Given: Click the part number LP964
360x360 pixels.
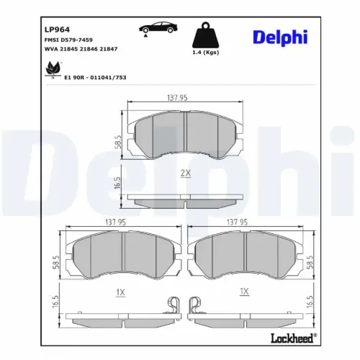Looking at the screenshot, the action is [x=57, y=30].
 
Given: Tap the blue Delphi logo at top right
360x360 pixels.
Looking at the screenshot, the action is [x=280, y=37].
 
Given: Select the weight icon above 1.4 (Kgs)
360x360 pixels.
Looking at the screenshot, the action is [x=206, y=35].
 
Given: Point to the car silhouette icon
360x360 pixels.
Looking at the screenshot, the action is [x=158, y=28].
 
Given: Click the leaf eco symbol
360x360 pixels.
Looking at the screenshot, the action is [x=52, y=69].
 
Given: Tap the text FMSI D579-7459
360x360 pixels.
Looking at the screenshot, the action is [x=68, y=40].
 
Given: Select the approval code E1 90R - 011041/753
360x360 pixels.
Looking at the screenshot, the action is [x=95, y=77].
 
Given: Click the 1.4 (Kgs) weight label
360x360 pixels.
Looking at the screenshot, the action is [x=206, y=53].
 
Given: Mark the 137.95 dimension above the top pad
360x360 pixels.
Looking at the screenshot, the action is [x=177, y=98].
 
